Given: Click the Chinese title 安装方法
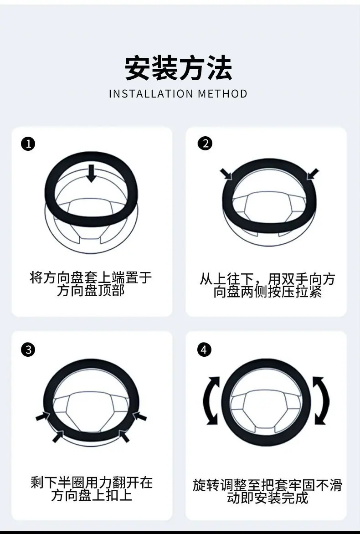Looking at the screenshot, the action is click(179, 68).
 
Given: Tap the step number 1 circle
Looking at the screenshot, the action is click(28, 144).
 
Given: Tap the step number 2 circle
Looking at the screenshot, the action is click(205, 144).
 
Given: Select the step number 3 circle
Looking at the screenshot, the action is click(28, 350).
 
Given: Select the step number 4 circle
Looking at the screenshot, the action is click(204, 350).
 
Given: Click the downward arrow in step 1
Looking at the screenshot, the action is click(91, 173).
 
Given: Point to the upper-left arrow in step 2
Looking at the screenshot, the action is click(226, 174).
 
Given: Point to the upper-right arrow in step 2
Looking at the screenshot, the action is click(313, 174).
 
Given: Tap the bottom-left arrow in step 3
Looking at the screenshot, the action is click(58, 436).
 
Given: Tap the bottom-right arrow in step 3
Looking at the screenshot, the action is click(124, 436).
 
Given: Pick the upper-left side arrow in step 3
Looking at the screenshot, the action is click(43, 416).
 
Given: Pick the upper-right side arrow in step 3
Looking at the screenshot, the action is click(139, 416).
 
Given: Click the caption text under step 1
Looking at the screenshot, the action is click(91, 284).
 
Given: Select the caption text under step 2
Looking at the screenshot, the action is click(267, 285).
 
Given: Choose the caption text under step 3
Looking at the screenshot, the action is click(92, 489).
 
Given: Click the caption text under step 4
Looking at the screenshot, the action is click(267, 492).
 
